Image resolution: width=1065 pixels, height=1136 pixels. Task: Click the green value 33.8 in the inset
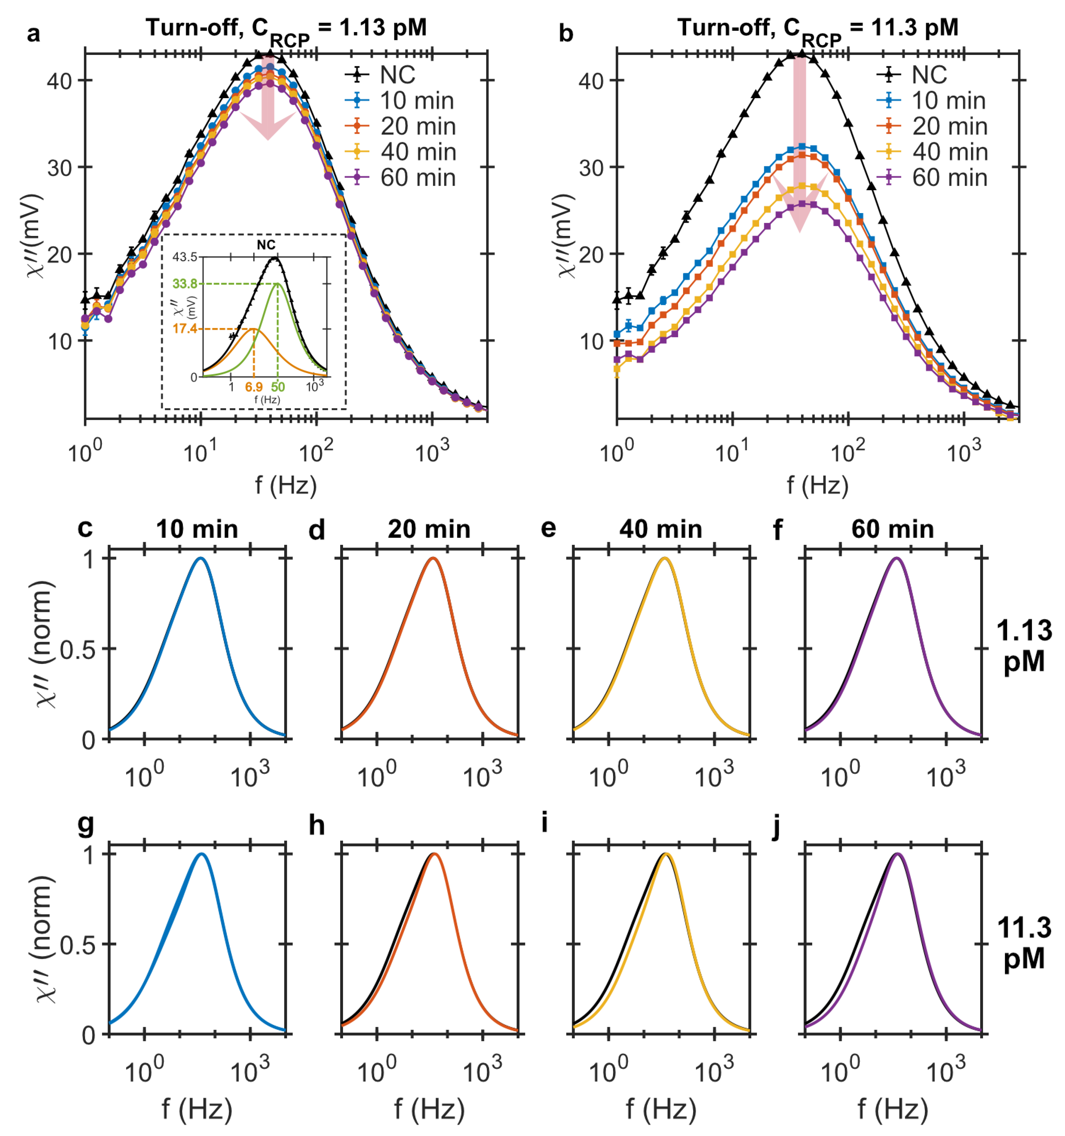[185, 284]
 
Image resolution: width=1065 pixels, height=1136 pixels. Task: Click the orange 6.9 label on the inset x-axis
[254, 387]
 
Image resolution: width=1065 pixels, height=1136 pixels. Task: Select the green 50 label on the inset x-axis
[278, 387]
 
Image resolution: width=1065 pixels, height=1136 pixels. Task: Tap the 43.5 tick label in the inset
[185, 257]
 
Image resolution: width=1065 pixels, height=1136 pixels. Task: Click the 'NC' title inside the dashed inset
[266, 245]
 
